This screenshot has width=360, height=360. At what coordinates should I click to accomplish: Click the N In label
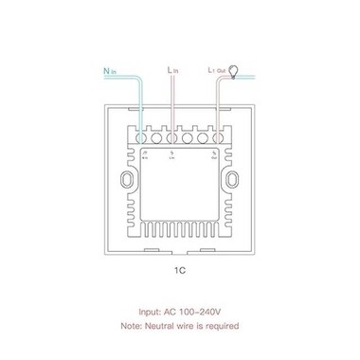coord(111,69)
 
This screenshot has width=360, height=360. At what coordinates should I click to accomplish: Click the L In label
coord(172,69)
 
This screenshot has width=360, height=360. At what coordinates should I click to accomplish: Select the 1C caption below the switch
coord(180,270)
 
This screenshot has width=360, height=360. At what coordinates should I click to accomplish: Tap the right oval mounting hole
coord(232,181)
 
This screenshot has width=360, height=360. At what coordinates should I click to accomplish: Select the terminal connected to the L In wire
coord(171,135)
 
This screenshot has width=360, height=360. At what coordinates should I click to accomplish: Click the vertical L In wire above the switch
coord(171,99)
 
